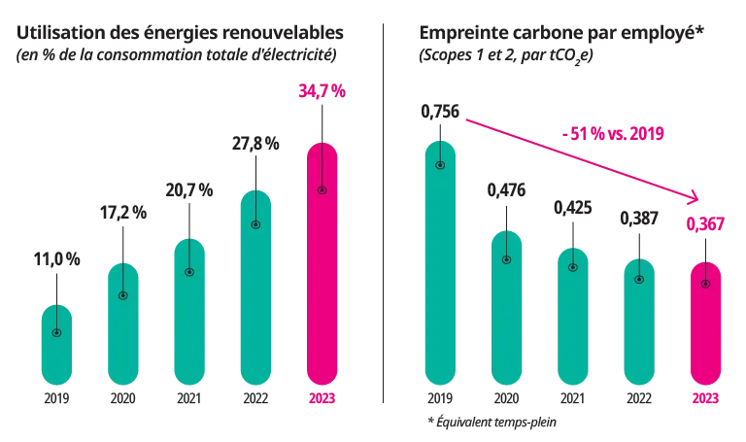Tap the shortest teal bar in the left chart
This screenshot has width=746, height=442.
pyautogui.click(x=57, y=345)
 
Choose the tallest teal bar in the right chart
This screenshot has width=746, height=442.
pyautogui.click(x=440, y=262)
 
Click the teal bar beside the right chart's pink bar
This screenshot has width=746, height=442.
pyautogui.click(x=640, y=321)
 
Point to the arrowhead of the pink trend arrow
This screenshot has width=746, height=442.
pyautogui.click(x=695, y=198)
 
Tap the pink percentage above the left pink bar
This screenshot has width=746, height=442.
pyautogui.click(x=322, y=92)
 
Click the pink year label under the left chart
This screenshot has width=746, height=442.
pyautogui.click(x=322, y=396)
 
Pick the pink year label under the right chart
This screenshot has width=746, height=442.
pyautogui.click(x=705, y=396)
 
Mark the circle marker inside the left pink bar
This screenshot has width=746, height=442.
pyautogui.click(x=322, y=189)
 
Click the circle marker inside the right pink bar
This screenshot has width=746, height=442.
pyautogui.click(x=705, y=284)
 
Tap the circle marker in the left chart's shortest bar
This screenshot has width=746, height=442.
pyautogui.click(x=57, y=333)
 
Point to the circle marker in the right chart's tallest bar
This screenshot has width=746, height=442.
pyautogui.click(x=440, y=165)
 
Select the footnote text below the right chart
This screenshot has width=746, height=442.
pyautogui.click(x=493, y=420)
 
